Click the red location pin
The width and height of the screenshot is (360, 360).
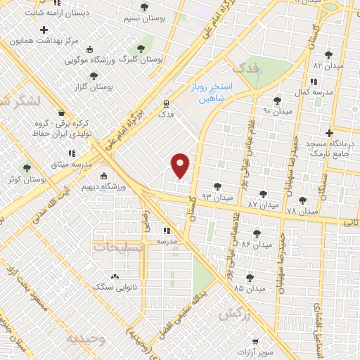pos(181,165)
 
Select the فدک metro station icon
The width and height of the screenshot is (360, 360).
pos(167,102)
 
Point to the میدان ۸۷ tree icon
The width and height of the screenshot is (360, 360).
pos(263,193)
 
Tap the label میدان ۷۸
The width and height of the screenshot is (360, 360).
pos(302,211)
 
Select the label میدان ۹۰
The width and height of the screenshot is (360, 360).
pos(276,110)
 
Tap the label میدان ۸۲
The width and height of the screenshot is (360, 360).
pos(327,65)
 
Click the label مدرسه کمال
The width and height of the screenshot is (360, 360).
pos(311,92)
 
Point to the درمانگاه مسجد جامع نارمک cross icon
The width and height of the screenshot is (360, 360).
pos(329,133)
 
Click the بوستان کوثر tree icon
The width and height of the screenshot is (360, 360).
pos(27,168)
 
